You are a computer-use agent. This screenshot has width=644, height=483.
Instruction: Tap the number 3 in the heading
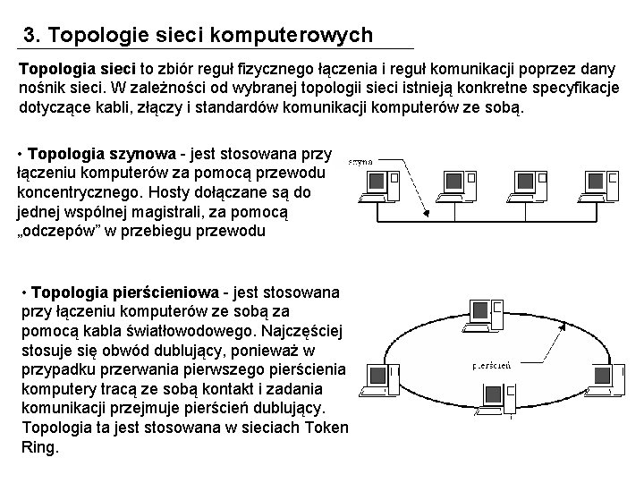pos(30,36)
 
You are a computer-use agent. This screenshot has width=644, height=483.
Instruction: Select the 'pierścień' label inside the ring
pos(491,365)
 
